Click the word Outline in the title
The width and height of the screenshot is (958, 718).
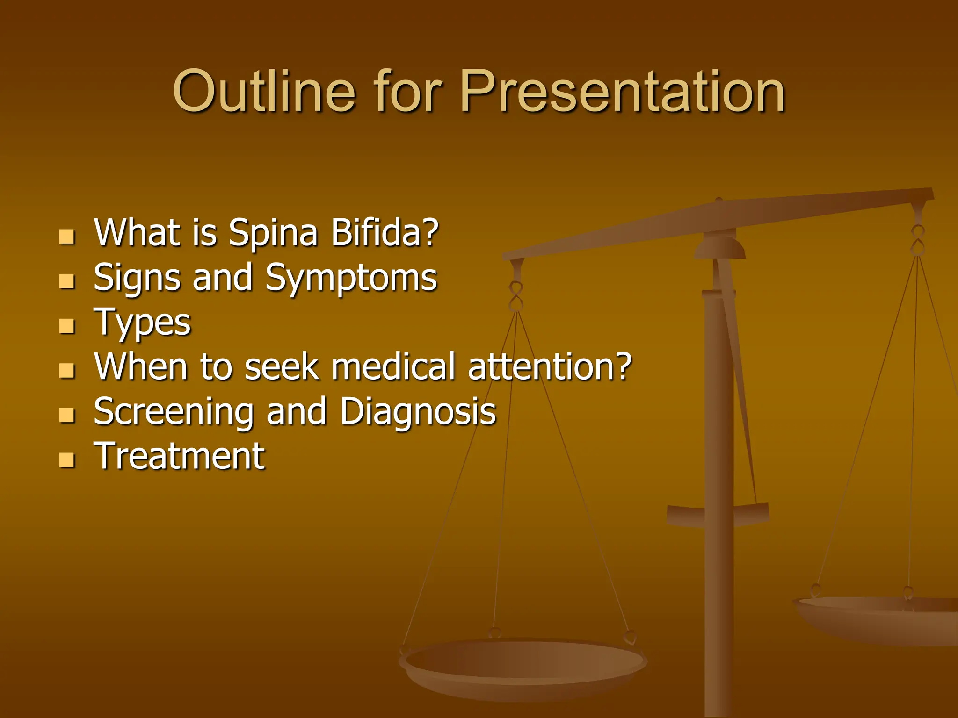tap(264, 91)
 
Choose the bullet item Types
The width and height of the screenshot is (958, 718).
tap(142, 323)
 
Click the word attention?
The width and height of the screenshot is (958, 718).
tap(550, 366)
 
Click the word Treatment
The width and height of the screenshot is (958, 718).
tap(179, 456)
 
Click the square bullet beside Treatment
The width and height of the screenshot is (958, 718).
tap(67, 460)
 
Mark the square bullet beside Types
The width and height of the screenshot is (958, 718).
tap(67, 326)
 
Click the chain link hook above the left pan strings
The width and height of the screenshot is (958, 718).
tap(516, 296)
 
